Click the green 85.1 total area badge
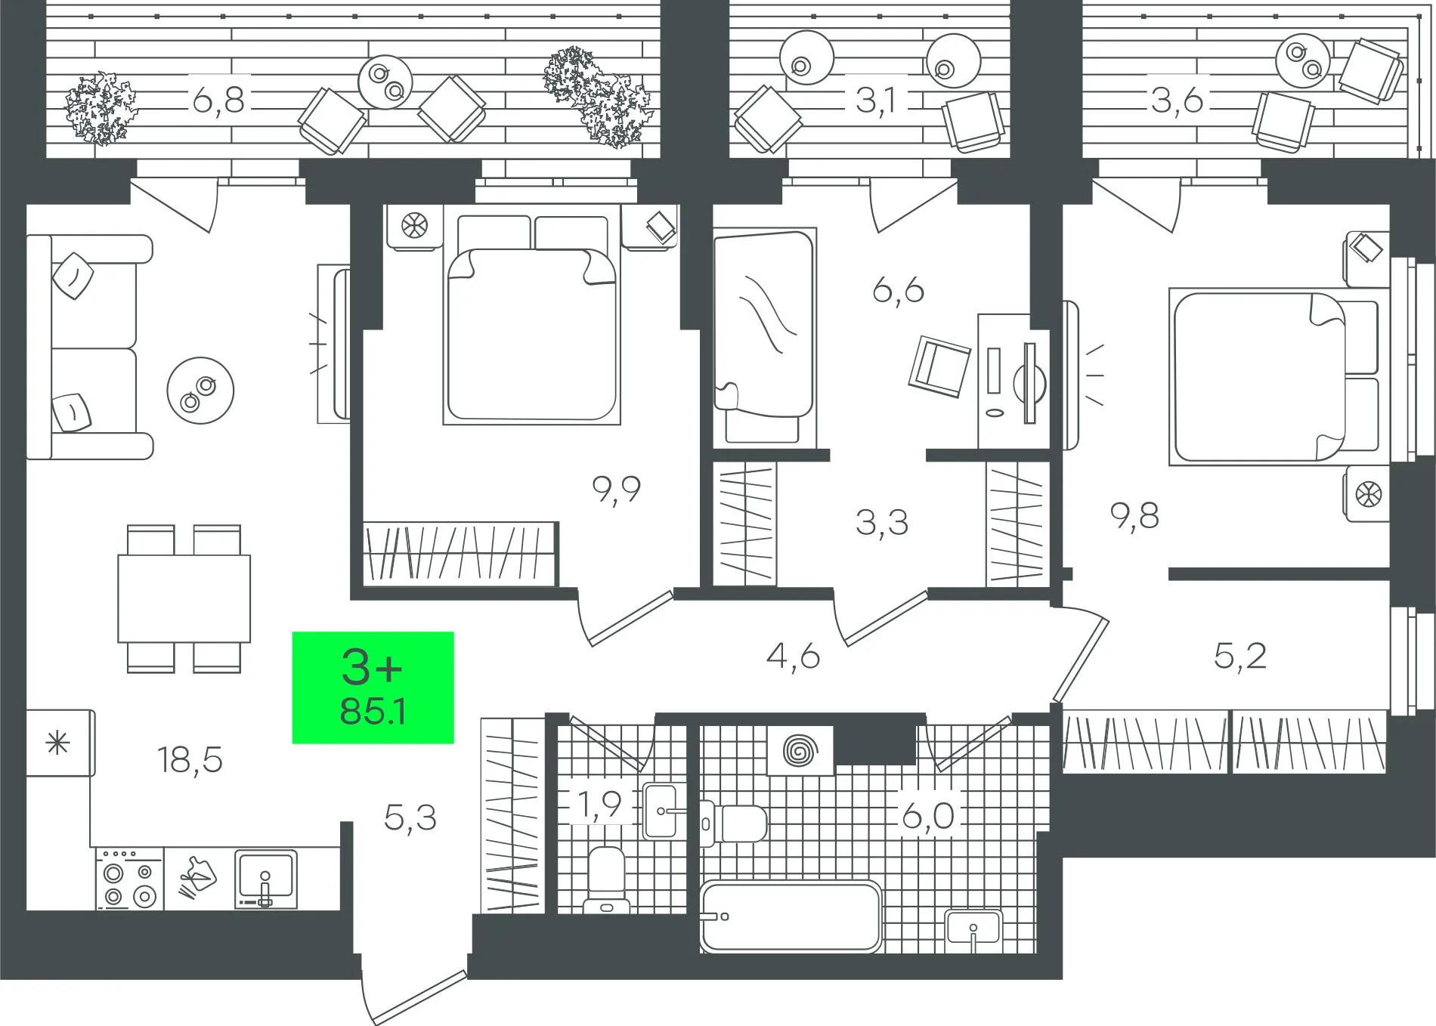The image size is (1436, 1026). click(x=373, y=688)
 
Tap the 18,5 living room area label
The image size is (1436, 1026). click(x=190, y=759)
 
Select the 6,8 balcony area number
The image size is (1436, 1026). click(x=218, y=100)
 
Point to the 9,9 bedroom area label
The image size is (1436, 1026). click(x=617, y=490)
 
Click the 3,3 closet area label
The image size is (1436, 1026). click(x=882, y=522)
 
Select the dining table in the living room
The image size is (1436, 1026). click(x=184, y=598)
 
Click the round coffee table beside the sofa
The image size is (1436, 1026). click(x=200, y=391)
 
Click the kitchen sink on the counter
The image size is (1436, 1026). click(x=265, y=879)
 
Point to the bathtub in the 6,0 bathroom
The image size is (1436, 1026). click(x=791, y=917)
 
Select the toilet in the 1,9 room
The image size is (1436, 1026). click(x=607, y=879)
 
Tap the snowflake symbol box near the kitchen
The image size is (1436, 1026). click(x=60, y=743)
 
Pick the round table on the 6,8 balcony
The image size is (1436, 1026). click(x=386, y=82)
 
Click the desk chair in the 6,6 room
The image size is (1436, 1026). click(x=940, y=366)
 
